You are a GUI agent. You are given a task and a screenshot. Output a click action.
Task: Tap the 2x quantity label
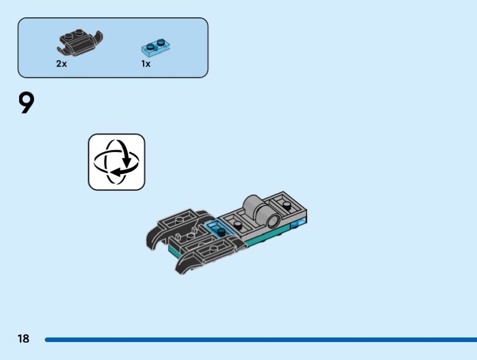click(x=61, y=63)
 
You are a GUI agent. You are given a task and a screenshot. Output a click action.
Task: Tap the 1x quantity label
click(x=146, y=63)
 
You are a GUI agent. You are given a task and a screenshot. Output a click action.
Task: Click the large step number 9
click(x=27, y=103)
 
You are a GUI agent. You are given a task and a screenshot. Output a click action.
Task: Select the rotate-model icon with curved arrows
click(x=117, y=162)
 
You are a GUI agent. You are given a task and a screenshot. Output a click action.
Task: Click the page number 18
click(x=23, y=339)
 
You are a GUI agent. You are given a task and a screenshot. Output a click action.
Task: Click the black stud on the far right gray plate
click(x=287, y=205)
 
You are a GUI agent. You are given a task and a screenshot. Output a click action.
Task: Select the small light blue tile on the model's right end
click(x=298, y=224)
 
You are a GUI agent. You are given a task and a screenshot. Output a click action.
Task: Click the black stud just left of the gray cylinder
click(x=237, y=225)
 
